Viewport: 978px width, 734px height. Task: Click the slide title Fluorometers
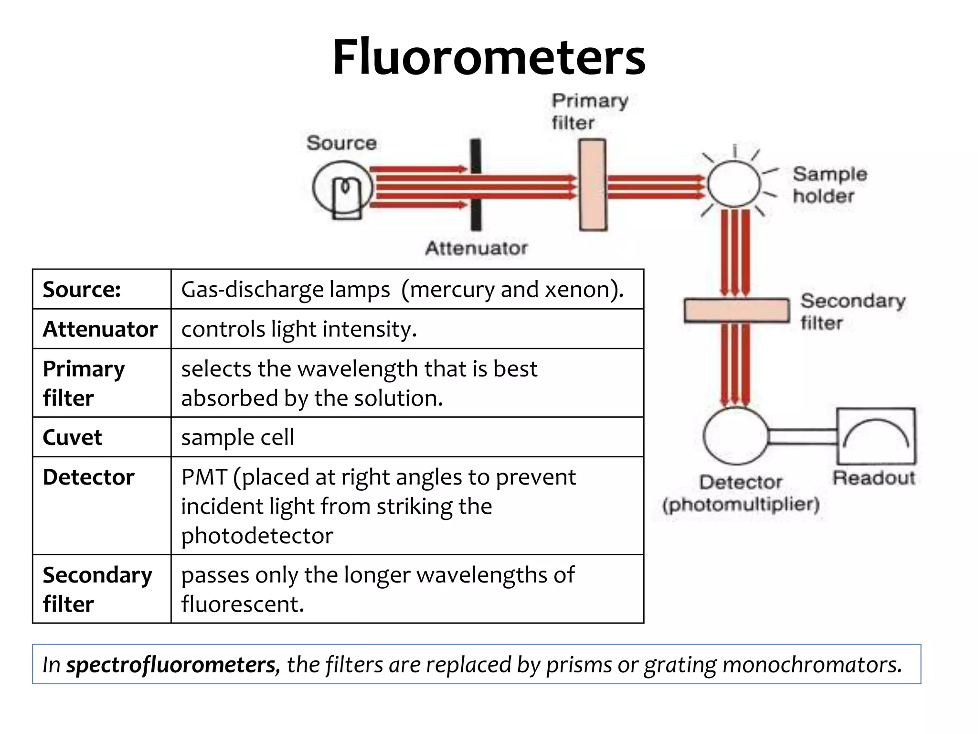click(x=489, y=57)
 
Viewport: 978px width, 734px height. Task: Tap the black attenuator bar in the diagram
click(x=476, y=210)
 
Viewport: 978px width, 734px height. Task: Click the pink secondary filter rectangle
click(x=736, y=311)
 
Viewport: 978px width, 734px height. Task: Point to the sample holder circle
click(x=733, y=184)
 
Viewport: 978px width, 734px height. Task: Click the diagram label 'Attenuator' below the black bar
click(x=476, y=248)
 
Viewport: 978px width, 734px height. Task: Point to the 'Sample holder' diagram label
click(x=829, y=185)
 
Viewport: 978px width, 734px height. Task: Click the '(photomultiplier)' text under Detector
click(x=741, y=504)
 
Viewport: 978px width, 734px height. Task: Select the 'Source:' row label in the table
click(x=82, y=290)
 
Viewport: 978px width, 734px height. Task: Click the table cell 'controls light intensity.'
click(x=299, y=329)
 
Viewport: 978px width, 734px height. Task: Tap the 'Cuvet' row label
click(x=72, y=437)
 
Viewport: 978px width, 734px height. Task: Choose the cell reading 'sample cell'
click(x=237, y=437)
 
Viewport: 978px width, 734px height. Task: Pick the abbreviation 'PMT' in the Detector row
click(x=204, y=477)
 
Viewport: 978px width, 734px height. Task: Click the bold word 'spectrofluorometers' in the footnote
click(x=171, y=665)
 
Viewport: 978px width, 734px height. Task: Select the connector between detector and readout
click(x=802, y=436)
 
